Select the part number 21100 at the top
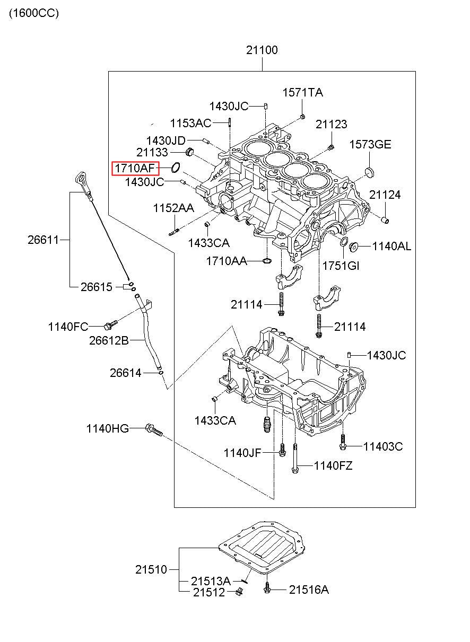(262, 51)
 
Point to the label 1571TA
(302, 93)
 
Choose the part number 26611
(43, 240)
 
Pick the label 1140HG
(108, 428)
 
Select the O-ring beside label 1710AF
(176, 168)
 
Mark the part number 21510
(151, 570)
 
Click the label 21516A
(309, 590)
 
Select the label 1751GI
(341, 266)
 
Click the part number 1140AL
(391, 246)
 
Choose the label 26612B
(108, 340)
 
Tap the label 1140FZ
(333, 466)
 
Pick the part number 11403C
(382, 447)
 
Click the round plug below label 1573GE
(370, 171)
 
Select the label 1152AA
(173, 208)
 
